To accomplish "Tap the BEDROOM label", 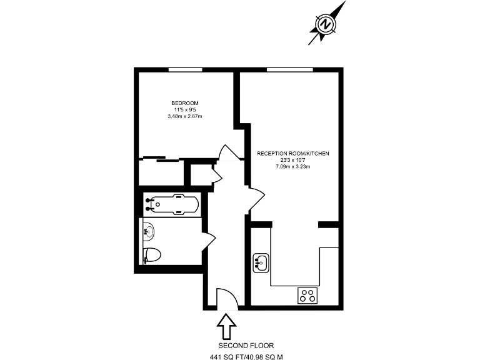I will [x=185, y=103].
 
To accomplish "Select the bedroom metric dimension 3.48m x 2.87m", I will [x=185, y=116].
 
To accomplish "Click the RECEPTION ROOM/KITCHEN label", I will [x=293, y=153].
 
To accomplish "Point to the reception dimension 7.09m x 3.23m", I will [x=293, y=166].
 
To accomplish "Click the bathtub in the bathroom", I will [x=172, y=204].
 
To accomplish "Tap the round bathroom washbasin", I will [x=149, y=231].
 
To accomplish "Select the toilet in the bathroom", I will [x=152, y=255].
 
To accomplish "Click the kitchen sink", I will [x=261, y=262].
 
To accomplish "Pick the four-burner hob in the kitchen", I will [x=307, y=294].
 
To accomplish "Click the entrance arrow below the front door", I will [x=226, y=325].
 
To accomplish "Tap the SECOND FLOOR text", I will [x=246, y=346].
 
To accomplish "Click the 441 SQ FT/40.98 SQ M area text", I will [x=246, y=357].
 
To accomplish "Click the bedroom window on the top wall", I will [x=185, y=69].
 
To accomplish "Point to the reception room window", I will [x=289, y=69].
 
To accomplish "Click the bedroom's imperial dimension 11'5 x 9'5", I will [x=185, y=110].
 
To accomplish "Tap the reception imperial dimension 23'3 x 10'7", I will [x=293, y=160].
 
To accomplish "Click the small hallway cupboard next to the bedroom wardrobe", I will [x=201, y=174].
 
